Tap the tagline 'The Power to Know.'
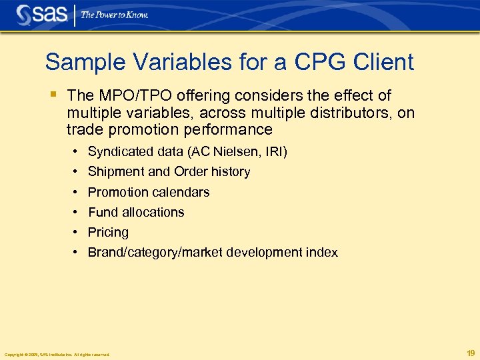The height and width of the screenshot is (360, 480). pos(115,15)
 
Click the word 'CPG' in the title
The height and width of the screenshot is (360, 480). pos(297,63)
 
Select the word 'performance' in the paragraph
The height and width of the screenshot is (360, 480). pos(229,129)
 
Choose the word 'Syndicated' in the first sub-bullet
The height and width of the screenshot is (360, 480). pos(119,152)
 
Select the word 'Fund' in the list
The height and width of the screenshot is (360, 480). pos(102,212)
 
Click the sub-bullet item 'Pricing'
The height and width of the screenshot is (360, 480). pos(108,233)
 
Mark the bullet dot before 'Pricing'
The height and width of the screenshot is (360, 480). pos(78,232)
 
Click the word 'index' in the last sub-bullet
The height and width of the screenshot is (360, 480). pos(321,252)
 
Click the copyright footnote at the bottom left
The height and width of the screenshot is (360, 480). pos(57,354)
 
